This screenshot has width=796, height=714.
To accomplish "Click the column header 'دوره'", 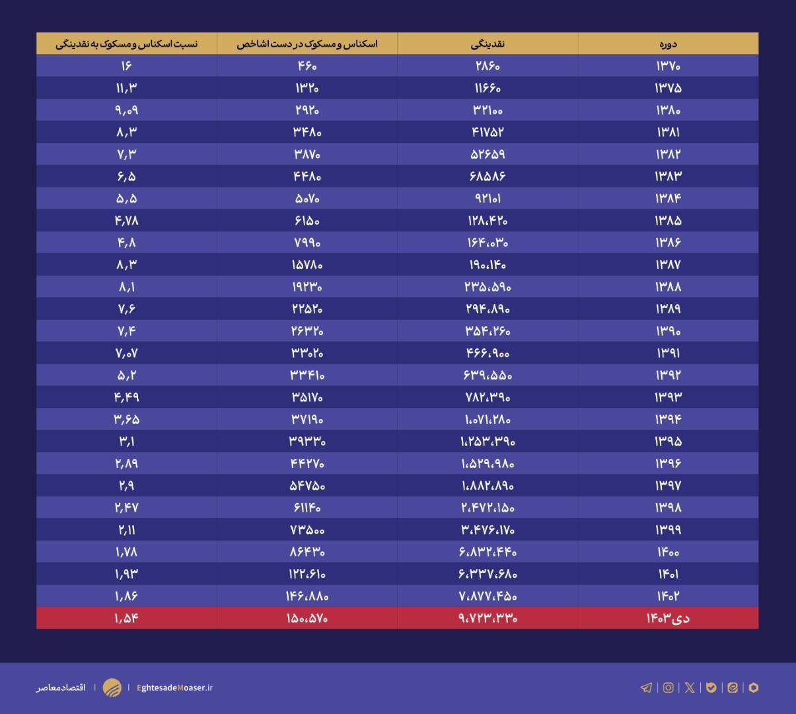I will tap(667, 44).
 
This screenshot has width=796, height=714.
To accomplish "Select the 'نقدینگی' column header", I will tap(488, 44).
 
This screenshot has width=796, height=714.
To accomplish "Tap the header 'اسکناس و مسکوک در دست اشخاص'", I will tap(307, 44).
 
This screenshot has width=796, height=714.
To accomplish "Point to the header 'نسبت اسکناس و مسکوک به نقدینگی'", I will tap(126, 44).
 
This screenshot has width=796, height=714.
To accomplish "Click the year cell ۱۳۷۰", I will tap(668, 66).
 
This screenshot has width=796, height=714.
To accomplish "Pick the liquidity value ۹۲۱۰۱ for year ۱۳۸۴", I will tap(488, 198).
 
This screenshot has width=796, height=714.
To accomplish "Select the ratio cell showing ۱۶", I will tap(126, 66).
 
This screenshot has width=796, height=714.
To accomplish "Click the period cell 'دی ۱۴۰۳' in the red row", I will tap(668, 618).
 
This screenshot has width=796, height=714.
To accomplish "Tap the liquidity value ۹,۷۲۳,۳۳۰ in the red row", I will tap(488, 618).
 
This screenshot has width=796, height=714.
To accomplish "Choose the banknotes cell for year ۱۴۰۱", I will tap(307, 574).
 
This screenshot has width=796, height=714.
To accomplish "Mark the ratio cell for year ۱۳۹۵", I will tap(126, 441).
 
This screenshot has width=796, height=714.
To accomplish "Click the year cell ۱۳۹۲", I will tap(668, 375).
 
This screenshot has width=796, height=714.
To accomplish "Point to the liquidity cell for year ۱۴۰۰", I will tap(488, 551).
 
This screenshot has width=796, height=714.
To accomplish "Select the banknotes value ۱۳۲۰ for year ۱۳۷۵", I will tap(307, 88).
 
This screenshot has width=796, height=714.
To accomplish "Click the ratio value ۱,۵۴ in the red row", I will tap(126, 618).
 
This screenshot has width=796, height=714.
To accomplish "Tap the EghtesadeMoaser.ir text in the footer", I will tap(174, 688).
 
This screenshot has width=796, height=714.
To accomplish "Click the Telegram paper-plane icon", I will tap(646, 688).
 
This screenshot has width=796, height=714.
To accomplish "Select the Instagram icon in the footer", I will tap(669, 688).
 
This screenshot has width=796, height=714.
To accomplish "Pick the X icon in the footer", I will tap(690, 688).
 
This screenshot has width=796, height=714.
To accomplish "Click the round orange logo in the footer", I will tap(112, 688).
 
